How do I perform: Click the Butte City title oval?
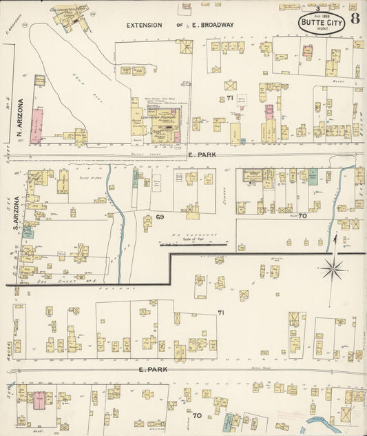click(322, 22)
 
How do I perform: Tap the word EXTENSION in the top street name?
click(144, 26)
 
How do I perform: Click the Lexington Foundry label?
click(160, 117)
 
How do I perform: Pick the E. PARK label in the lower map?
click(151, 370)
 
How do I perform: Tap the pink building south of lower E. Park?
click(39, 400)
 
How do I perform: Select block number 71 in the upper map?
click(230, 99)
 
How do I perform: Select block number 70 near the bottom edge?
click(197, 415)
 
